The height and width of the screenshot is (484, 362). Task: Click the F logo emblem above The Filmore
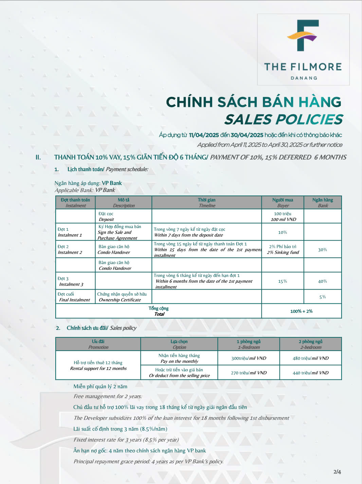point(303,35)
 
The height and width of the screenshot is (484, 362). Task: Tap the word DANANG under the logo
point(304,78)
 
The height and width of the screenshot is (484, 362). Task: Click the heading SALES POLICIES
point(283,119)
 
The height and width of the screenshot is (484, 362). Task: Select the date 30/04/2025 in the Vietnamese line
point(247,135)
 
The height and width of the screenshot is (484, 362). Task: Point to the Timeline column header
point(207,203)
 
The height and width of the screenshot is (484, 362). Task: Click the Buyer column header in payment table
point(283,203)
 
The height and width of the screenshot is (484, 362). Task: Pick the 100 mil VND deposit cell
point(283,217)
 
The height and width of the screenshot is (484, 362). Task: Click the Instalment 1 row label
point(70,232)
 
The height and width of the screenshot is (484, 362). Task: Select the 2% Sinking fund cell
point(283,249)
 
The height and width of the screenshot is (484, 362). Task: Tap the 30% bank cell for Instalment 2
point(322,249)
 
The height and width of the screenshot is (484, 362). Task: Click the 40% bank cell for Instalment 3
point(322,281)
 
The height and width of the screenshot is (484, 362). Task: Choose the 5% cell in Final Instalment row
point(322,297)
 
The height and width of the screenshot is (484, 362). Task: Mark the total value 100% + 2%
point(301,311)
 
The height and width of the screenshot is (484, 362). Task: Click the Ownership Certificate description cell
point(122,297)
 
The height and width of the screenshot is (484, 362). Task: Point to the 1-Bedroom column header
point(249,344)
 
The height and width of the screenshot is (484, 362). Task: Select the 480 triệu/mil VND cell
point(310,358)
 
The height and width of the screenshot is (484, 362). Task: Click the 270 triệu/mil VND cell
point(249,373)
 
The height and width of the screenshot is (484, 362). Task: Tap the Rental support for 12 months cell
point(98,366)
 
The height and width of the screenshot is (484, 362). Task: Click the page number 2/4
point(337,472)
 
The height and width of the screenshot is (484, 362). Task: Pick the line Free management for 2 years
point(108,396)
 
